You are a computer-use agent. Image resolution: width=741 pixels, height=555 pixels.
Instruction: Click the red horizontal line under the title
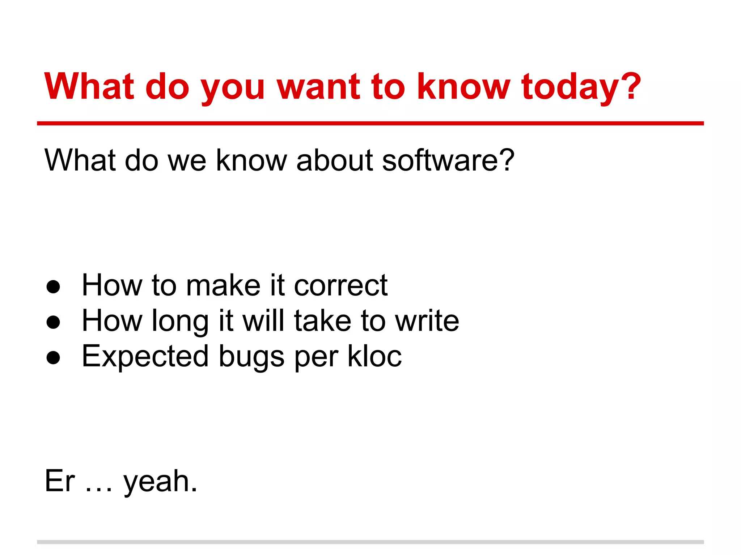coord(370,124)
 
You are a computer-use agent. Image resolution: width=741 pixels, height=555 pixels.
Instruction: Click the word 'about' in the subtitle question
coord(335,160)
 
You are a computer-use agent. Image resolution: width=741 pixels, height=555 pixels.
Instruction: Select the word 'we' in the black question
coord(187,160)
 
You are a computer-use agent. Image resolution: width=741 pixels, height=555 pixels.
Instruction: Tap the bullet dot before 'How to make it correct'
coord(53,287)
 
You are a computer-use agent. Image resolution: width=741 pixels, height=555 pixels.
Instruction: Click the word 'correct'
coord(341,285)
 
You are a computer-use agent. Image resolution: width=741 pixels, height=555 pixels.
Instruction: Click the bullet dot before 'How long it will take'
coord(53,322)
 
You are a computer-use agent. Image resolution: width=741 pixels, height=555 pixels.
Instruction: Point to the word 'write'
coord(427,321)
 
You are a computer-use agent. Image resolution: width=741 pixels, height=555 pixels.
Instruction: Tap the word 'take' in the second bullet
coord(322,321)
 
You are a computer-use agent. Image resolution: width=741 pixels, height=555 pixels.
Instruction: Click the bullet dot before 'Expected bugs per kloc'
coord(53,357)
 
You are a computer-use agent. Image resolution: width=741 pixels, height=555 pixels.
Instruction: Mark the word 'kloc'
coord(374,356)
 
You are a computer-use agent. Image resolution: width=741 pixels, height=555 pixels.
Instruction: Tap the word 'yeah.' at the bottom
coord(160,482)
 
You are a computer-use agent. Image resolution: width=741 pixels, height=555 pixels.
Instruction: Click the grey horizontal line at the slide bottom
coord(370,542)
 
